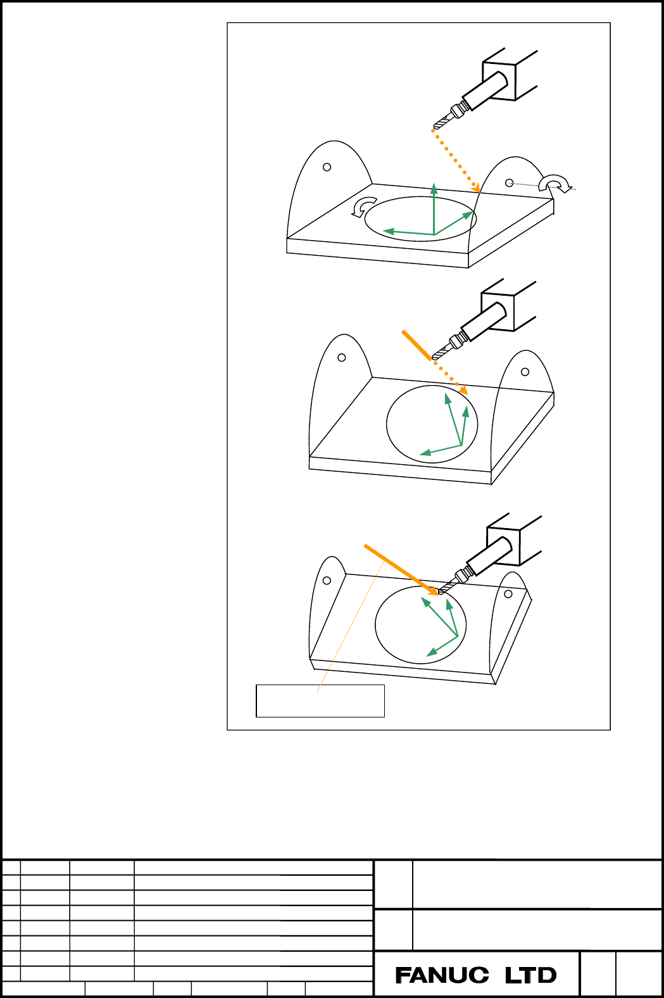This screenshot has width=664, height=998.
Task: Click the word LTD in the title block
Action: [x=531, y=975]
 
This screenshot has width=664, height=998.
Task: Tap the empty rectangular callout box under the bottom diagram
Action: [x=320, y=701]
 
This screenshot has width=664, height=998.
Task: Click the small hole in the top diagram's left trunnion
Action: [x=327, y=167]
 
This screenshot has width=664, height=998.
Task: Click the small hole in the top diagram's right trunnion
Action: [x=510, y=182]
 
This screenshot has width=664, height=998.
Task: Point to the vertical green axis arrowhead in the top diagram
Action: [x=434, y=187]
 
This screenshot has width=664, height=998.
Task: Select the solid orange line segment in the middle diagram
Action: [x=417, y=345]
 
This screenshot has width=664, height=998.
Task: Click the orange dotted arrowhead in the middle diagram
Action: [x=463, y=389]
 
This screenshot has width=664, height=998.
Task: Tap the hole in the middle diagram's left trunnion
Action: [x=342, y=357]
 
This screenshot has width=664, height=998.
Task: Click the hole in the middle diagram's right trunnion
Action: [x=525, y=372]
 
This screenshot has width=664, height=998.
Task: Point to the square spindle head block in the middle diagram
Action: [x=498, y=312]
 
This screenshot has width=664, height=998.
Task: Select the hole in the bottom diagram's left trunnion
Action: [x=327, y=580]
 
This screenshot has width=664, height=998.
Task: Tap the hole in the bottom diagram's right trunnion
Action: [x=508, y=594]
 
